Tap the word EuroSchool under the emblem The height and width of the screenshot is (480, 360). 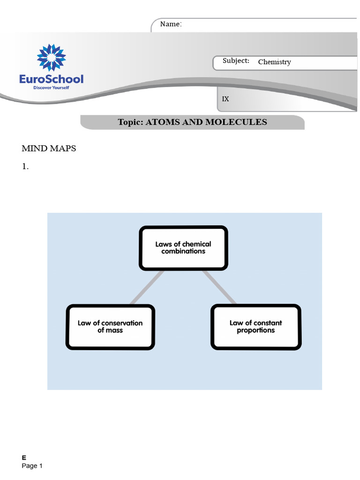tap(52, 79)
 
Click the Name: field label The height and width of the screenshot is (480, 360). tap(171, 24)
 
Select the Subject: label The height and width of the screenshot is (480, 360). tap(236, 61)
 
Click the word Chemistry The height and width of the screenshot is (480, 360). tap(274, 62)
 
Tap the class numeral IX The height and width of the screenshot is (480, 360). tap(225, 99)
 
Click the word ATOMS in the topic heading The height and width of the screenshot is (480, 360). tap(165, 122)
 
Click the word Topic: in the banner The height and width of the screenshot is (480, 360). tap(131, 122)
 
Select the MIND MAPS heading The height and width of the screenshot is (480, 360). tap(49, 149)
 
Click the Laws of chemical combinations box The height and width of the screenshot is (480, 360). tap(183, 247)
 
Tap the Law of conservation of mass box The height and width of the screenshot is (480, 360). tap(110, 327)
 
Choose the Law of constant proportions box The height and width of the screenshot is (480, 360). tap(256, 327)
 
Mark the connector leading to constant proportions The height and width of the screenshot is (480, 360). tap(220, 287)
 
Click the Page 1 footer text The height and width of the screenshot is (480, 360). tap(32, 466)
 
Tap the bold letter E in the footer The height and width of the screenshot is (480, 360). tap(24, 457)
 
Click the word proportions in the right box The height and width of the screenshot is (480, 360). tap(256, 330)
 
